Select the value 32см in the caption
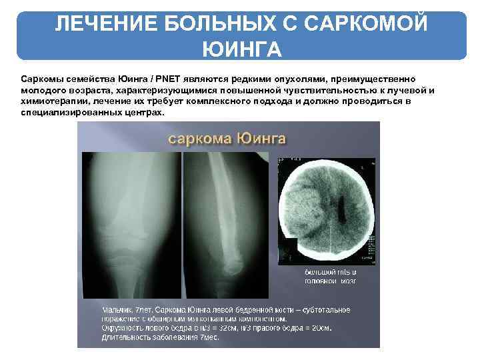227,328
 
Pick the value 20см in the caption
320,328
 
